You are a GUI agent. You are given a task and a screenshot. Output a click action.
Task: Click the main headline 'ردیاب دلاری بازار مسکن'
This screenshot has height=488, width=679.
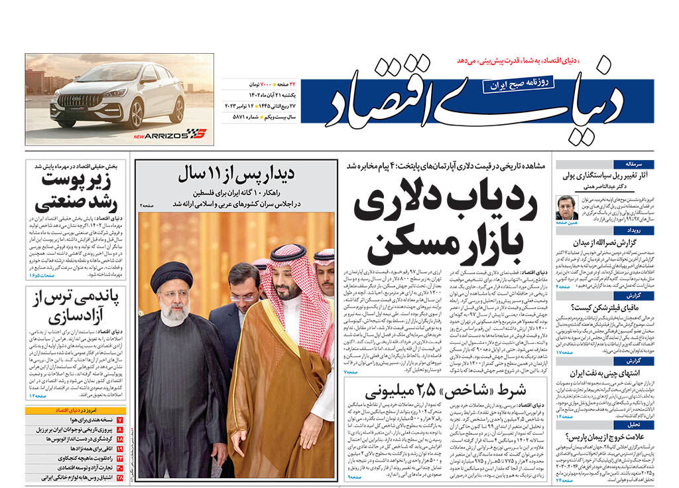[444, 226]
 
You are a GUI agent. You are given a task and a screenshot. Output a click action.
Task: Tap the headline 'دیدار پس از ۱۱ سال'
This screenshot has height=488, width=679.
[236, 176]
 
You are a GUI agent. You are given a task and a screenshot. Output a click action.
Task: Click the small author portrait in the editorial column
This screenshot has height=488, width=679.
[568, 207]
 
